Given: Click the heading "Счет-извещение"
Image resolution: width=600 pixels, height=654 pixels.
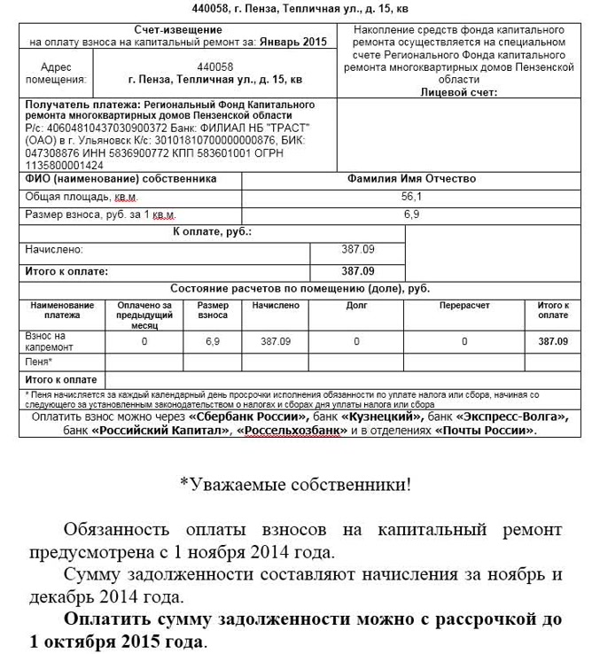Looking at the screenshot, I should tap(177, 29).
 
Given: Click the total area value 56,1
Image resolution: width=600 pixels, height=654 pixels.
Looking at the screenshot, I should tap(411, 197).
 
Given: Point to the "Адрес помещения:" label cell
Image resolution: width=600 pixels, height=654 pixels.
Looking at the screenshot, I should tap(55, 73).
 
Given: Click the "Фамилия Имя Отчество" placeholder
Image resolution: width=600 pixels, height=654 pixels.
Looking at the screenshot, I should tap(411, 178).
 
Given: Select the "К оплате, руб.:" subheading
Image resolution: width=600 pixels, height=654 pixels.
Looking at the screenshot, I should tap(212, 231).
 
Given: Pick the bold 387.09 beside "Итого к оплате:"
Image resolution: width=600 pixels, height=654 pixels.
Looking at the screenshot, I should tap(357, 271).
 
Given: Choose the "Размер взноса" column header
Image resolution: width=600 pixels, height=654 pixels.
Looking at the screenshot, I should tap(212, 309).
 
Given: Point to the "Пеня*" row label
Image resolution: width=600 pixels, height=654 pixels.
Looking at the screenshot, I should tap(38, 362).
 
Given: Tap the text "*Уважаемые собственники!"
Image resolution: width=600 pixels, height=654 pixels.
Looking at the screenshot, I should tap(295, 484).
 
